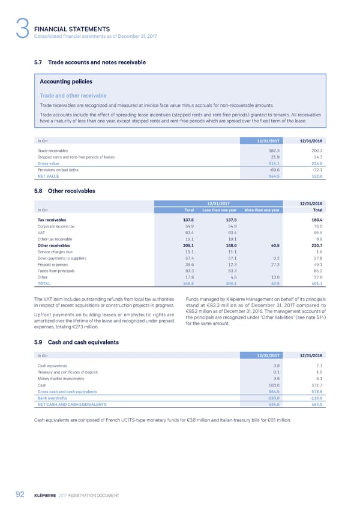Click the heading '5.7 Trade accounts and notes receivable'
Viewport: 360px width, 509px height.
coord(90,62)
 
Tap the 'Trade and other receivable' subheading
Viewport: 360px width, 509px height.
coord(73,95)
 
